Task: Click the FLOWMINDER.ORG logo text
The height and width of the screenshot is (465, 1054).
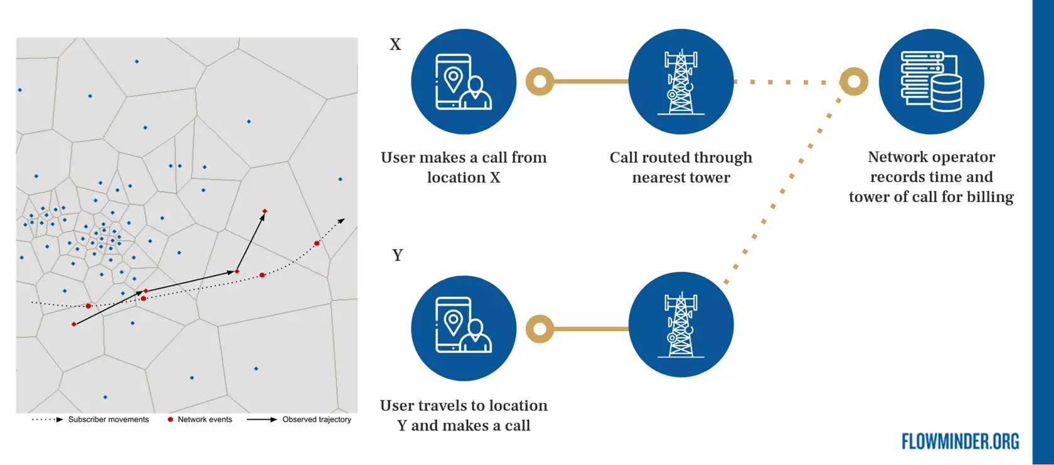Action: click(x=960, y=442)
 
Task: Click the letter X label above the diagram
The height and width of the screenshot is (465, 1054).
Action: click(x=395, y=45)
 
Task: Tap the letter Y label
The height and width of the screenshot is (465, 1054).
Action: click(x=397, y=255)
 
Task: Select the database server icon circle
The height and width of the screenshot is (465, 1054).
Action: click(x=931, y=82)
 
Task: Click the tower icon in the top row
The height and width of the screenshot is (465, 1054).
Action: click(x=681, y=82)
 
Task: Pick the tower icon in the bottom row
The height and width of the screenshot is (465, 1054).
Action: click(x=681, y=324)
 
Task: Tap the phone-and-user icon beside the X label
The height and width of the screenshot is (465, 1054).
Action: click(x=464, y=82)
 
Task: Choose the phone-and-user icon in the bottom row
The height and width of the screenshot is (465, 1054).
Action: click(x=464, y=328)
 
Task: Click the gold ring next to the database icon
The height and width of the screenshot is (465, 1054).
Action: click(x=854, y=82)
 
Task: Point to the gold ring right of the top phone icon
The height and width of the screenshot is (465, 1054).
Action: click(x=540, y=82)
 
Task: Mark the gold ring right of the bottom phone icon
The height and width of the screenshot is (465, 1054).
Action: click(x=540, y=329)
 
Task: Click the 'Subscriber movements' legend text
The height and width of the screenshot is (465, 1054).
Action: click(x=109, y=420)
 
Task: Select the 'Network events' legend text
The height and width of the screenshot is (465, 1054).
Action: click(x=205, y=420)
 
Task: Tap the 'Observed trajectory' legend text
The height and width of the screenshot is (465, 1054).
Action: click(x=316, y=420)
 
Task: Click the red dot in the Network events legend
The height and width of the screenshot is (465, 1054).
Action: click(x=170, y=419)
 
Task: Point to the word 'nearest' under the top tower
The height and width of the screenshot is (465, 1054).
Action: click(x=655, y=178)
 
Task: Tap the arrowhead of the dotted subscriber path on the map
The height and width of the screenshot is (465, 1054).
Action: click(x=342, y=220)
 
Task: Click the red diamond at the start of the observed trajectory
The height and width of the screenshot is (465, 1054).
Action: click(x=74, y=324)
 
